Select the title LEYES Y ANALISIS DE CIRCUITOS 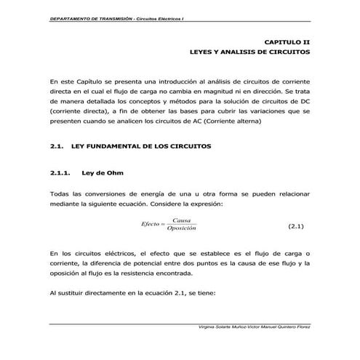pyautogui.click(x=249, y=54)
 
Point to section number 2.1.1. pyautogui.click(x=60, y=172)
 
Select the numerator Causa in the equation pyautogui.click(x=181, y=220)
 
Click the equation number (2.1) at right pyautogui.click(x=295, y=226)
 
